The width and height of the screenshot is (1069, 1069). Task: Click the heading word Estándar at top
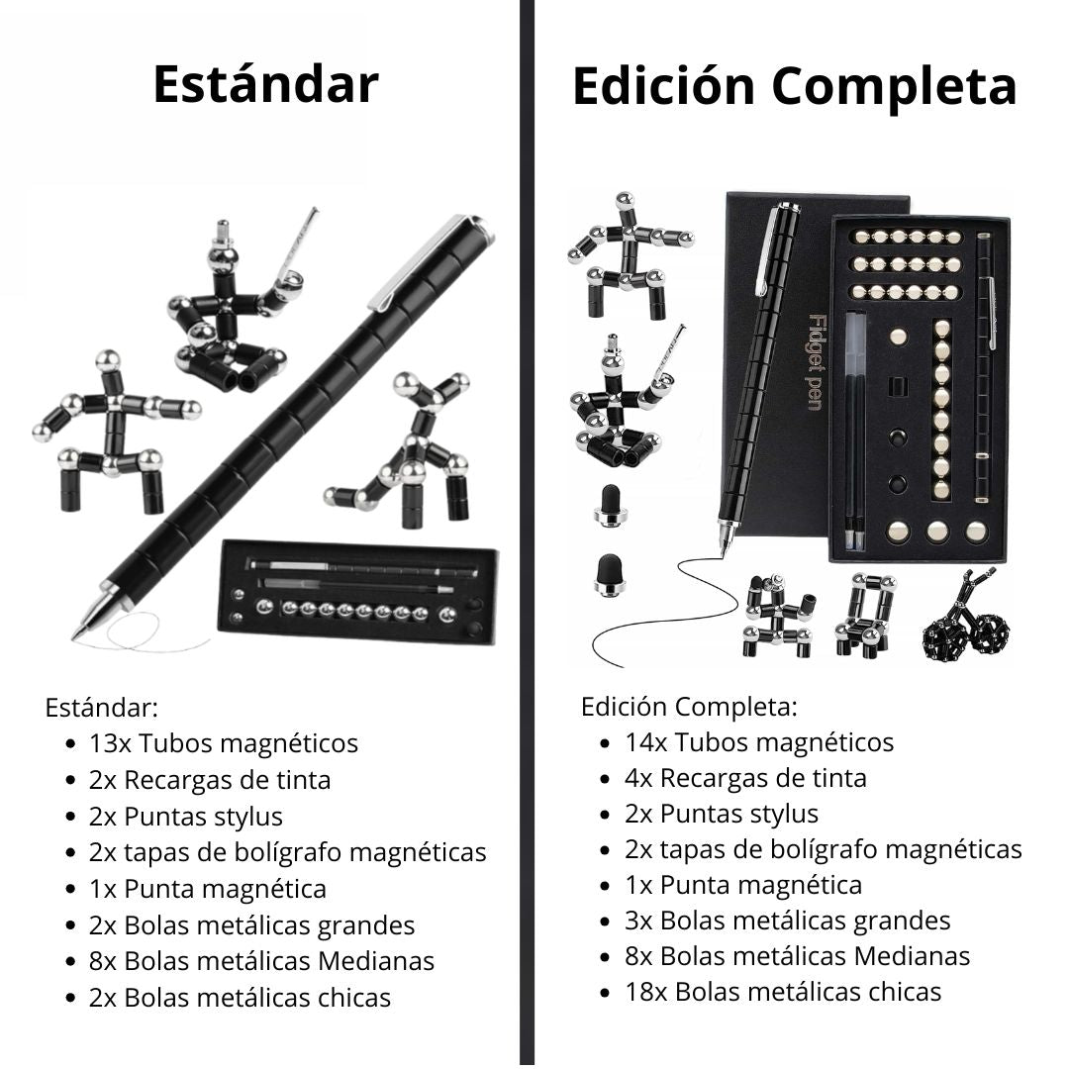[265, 85]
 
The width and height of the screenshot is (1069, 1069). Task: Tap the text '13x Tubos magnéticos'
[223, 743]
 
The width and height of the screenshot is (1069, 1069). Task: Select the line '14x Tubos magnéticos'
[758, 742]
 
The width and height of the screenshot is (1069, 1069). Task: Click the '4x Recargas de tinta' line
[744, 778]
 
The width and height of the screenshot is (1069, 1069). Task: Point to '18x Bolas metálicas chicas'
[782, 992]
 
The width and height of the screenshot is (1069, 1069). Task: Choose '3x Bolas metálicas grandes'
[787, 921]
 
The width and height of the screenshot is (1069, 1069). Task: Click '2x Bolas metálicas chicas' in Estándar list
[240, 998]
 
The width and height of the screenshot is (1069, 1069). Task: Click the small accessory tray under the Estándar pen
[356, 591]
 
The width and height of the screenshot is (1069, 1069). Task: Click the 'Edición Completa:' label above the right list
[689, 708]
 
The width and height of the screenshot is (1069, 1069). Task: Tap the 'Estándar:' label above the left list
[102, 709]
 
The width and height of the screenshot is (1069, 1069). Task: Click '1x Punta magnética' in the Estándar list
[207, 889]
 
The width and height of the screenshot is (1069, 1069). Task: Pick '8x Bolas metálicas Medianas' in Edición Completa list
[797, 956]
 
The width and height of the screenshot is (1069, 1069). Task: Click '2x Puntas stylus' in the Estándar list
[185, 817]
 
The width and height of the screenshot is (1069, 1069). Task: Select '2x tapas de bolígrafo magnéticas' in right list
[823, 849]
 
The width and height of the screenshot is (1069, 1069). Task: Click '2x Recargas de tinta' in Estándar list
[209, 780]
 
